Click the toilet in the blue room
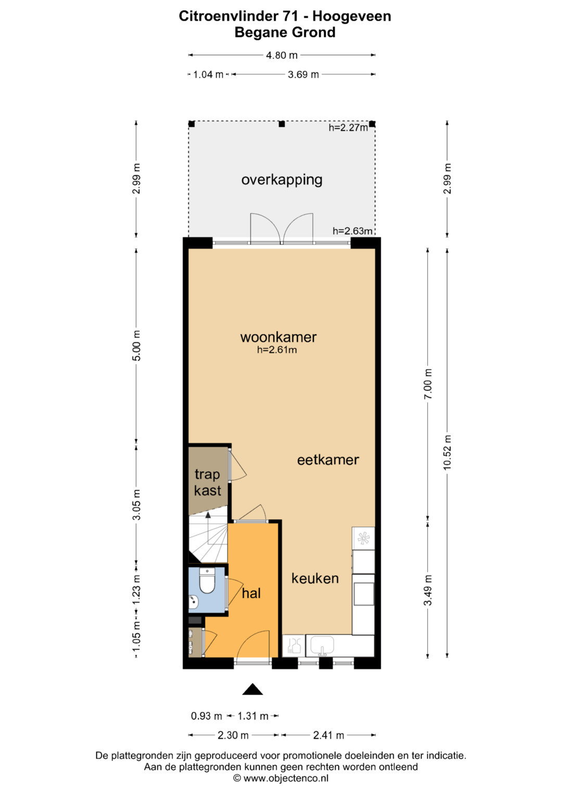[x=207, y=580]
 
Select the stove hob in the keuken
[x=363, y=538]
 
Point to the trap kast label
[x=208, y=483]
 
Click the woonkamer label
[x=278, y=337]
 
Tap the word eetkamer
[x=328, y=460]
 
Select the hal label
[x=251, y=593]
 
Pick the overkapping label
[x=282, y=180]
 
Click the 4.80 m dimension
[x=282, y=55]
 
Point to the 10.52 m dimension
[x=448, y=452]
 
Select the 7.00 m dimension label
[x=428, y=384]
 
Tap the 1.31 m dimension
[x=252, y=716]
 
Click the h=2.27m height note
[x=348, y=127]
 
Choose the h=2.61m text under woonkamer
[x=277, y=350]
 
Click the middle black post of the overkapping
[x=282, y=124]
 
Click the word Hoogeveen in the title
[x=352, y=16]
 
